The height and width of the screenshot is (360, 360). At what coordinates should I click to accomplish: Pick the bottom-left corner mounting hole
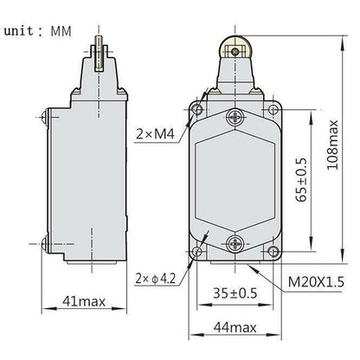point(198,252)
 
